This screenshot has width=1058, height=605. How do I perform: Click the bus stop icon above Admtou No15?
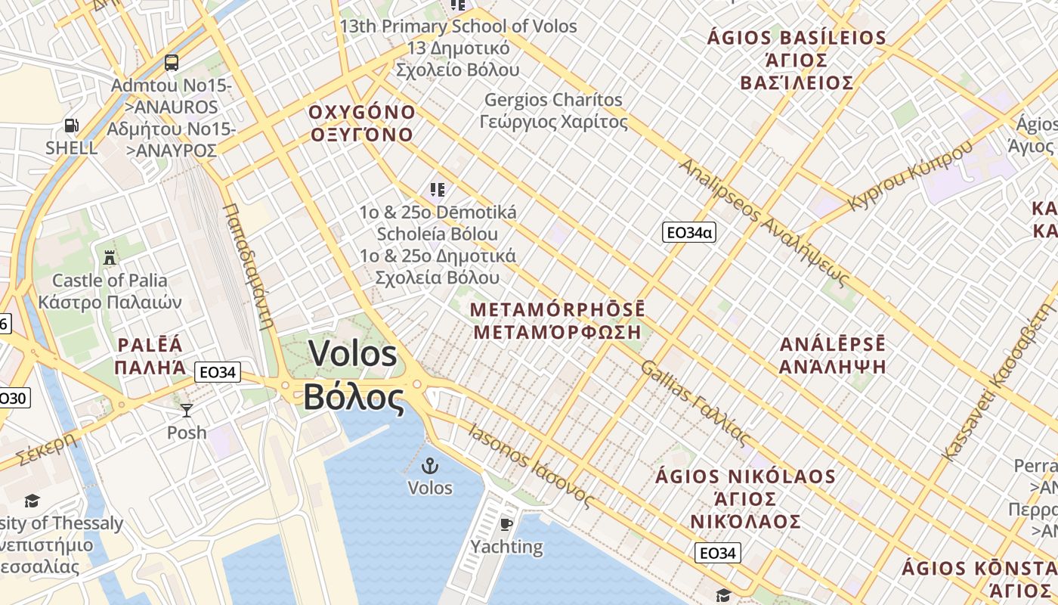coord(172,62)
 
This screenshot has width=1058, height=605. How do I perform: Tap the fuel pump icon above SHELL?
coord(71,126)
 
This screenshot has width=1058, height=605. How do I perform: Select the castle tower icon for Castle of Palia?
coord(110,257)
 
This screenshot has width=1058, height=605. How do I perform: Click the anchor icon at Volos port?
coord(430,465)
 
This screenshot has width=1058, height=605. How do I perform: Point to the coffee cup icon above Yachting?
coord(506,523)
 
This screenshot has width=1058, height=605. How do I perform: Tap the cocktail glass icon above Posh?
coord(187,411)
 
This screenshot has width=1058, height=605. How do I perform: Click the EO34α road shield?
coord(688,232)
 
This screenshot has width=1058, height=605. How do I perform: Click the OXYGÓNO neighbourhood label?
coord(362,113)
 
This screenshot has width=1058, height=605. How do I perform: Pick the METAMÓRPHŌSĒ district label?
coord(558,310)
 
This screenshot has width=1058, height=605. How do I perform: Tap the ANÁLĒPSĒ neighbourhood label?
coord(833,345)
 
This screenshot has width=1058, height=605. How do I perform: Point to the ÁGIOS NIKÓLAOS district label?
coord(745,477)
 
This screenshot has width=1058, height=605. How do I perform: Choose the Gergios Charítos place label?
coord(553,100)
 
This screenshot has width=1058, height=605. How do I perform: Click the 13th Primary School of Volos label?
coord(458,26)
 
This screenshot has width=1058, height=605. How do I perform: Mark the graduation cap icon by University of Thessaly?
coord(32,501)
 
